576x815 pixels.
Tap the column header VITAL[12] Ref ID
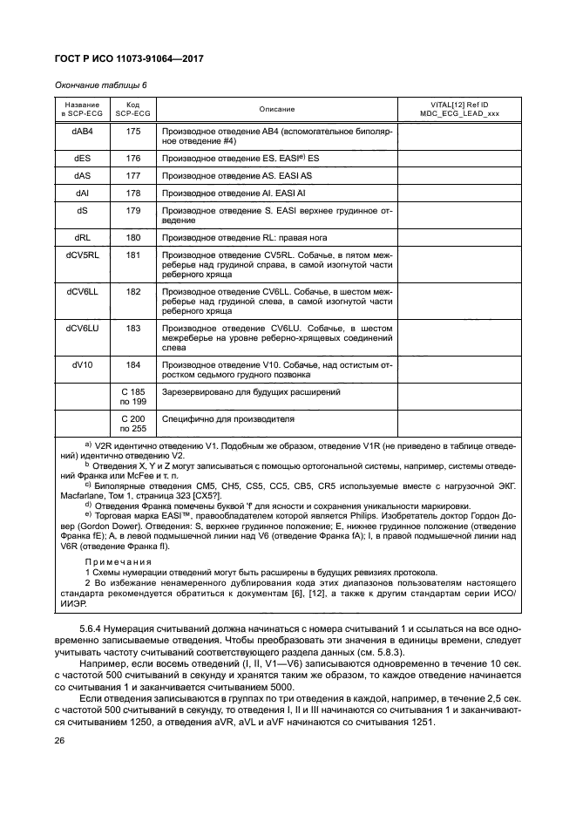click(458, 105)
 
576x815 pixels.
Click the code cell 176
click(133, 159)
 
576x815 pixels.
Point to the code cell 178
click(133, 193)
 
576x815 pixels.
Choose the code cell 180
click(133, 237)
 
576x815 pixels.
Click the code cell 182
click(133, 291)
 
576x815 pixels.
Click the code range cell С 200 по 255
click(133, 424)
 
